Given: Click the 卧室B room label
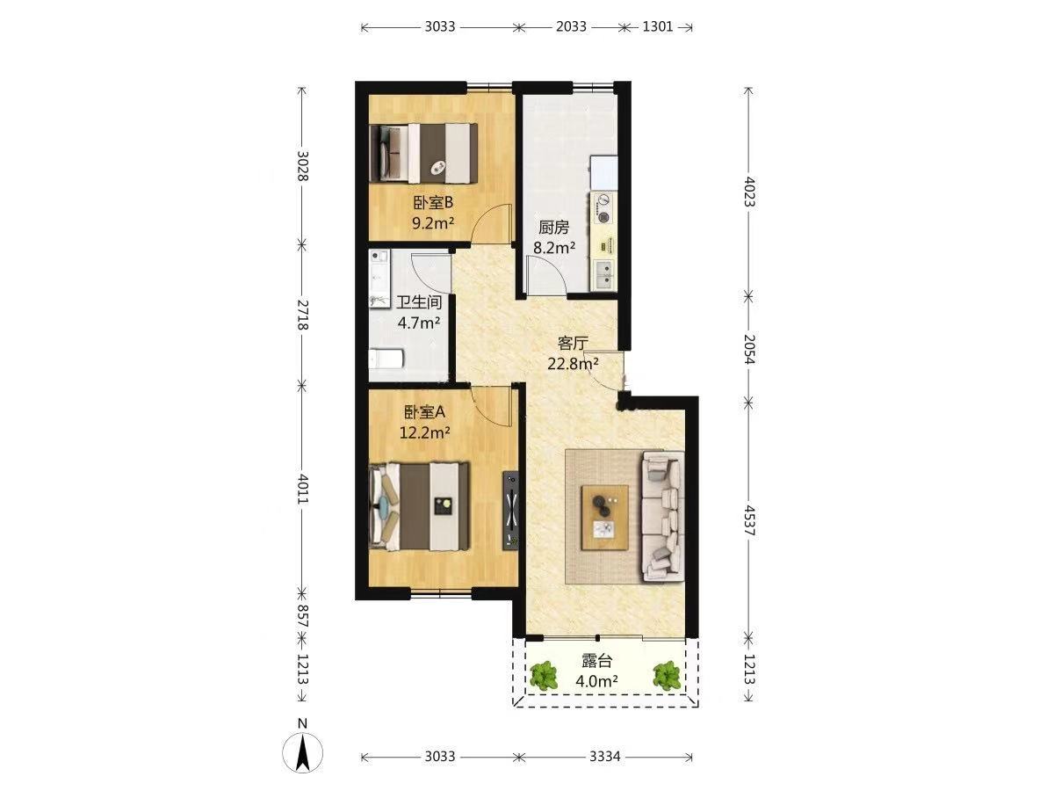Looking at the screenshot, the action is click(x=433, y=203).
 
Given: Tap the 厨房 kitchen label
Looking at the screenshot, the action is click(x=553, y=227).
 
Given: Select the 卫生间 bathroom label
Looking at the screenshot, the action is click(x=419, y=302).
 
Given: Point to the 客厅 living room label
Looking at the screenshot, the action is click(x=573, y=343).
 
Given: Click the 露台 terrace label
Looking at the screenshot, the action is click(x=597, y=661).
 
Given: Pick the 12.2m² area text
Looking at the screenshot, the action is click(x=425, y=432).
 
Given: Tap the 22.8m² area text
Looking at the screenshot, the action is click(x=573, y=364).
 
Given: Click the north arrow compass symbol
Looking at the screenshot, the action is click(x=302, y=752).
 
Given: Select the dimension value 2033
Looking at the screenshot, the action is click(x=572, y=26).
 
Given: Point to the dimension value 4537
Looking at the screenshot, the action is click(x=749, y=520).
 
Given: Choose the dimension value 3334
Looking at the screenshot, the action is click(x=605, y=757).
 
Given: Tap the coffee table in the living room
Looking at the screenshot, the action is click(x=605, y=518).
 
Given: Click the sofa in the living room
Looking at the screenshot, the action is click(x=663, y=517).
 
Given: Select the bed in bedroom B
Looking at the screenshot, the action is click(x=424, y=153).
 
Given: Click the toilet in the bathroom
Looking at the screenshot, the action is click(x=386, y=359).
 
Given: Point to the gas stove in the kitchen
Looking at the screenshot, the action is click(x=603, y=208).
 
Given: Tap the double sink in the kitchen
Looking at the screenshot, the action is click(x=603, y=274).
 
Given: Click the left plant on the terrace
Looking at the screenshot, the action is click(x=544, y=675).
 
